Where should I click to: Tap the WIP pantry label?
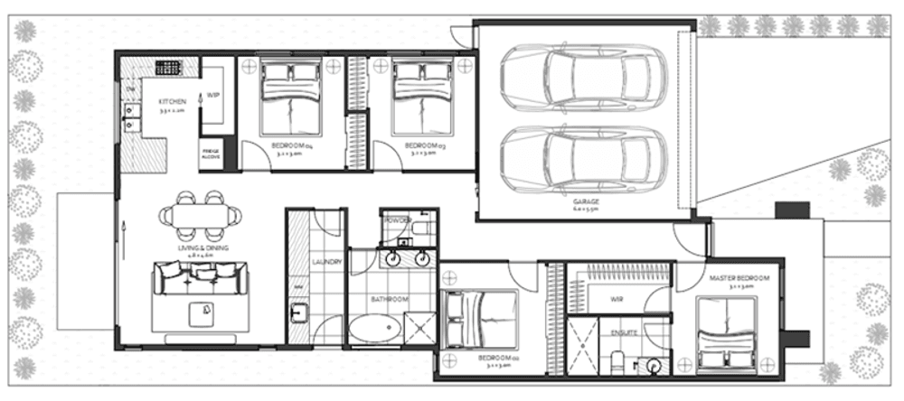[x=214, y=95]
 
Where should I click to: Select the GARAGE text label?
[x=587, y=200]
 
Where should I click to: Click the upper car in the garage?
[x=583, y=77]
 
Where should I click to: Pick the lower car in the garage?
[x=583, y=159]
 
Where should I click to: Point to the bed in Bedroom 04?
[x=290, y=97]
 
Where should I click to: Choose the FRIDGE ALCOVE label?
[x=211, y=153]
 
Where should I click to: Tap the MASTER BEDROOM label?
[x=739, y=278]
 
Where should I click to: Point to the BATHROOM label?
[x=391, y=299]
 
